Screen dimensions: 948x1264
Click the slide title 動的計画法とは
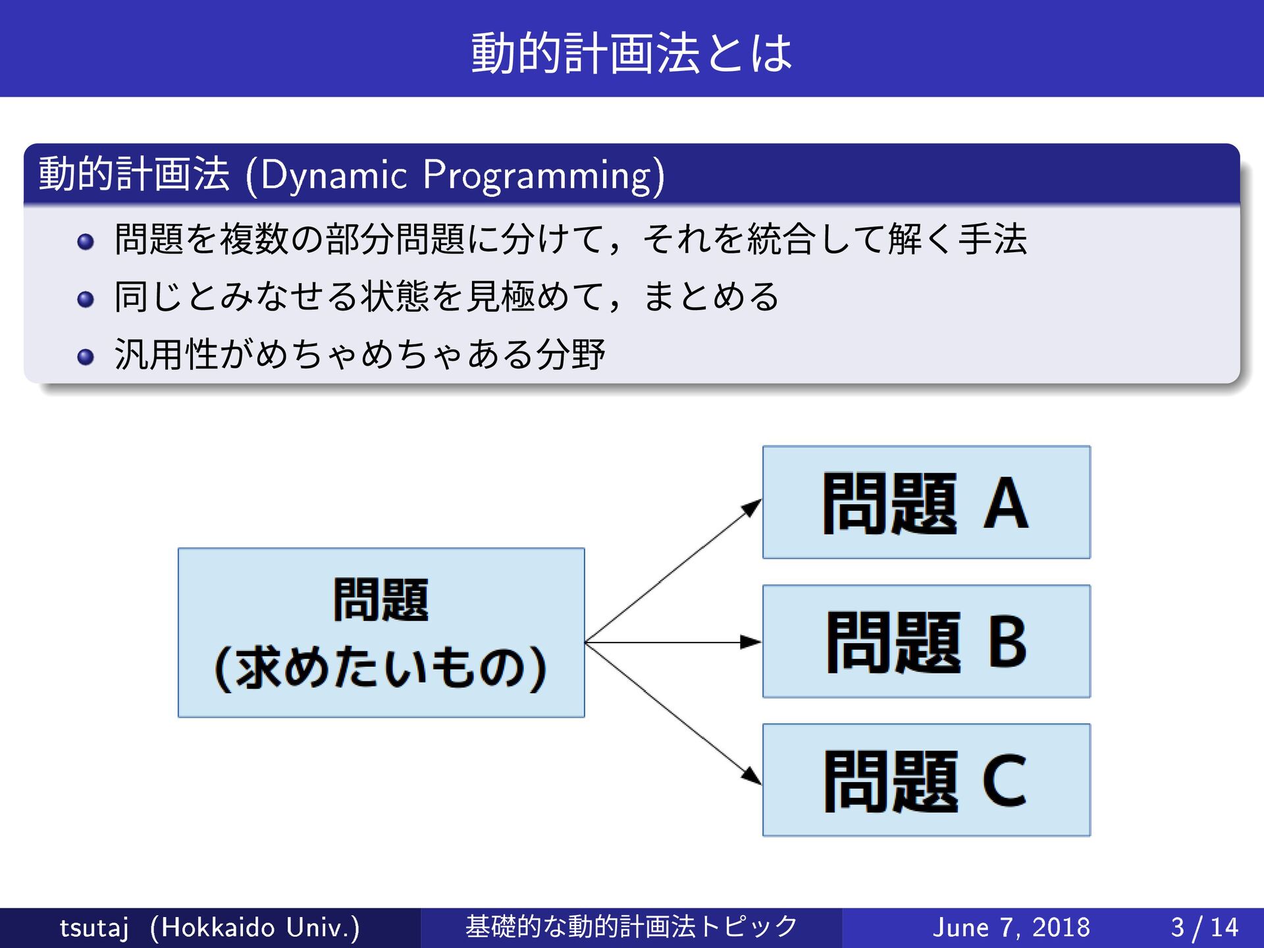631,53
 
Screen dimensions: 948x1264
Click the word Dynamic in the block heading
334,176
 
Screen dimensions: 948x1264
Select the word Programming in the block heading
537,176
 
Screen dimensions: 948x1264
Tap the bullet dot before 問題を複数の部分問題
86,242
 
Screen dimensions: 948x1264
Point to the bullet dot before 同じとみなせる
86,300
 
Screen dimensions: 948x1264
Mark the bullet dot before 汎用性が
86,357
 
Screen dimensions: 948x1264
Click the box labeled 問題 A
926,502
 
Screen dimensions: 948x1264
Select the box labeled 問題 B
926,641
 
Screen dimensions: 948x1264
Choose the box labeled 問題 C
926,780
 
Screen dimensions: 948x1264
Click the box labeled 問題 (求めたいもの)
381,633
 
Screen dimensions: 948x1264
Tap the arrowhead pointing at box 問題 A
752,508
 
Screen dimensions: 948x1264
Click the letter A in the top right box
1005,504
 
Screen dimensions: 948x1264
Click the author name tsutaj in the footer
94,928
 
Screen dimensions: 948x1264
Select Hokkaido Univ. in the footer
255,928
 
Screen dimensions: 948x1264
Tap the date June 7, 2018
1011,928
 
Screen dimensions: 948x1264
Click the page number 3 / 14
1204,928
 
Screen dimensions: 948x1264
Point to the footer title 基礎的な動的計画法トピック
631,927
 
